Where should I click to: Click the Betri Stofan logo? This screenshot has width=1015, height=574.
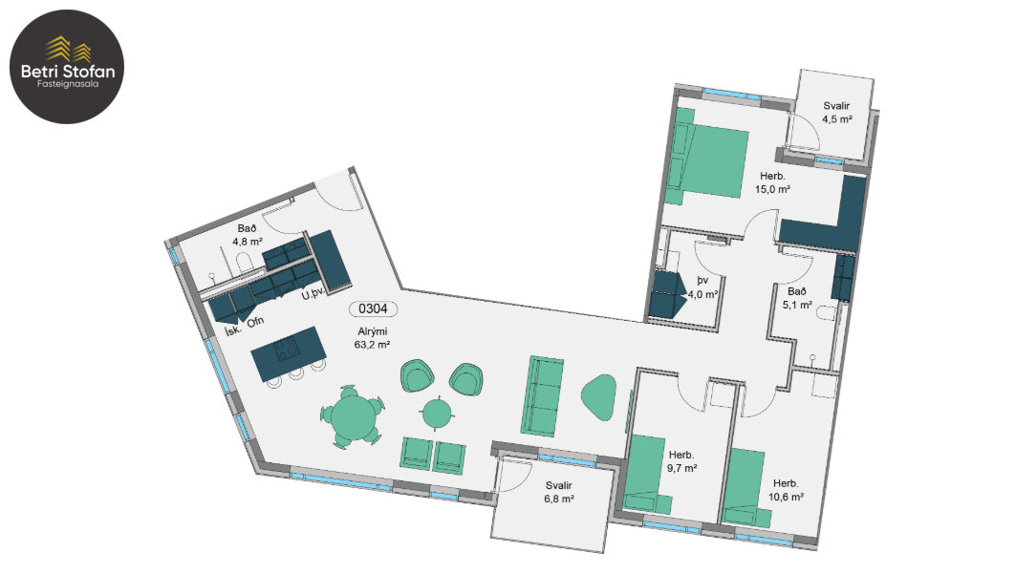[67, 66]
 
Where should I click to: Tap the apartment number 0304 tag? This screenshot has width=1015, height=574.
[373, 309]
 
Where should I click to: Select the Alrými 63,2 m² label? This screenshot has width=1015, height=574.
[372, 338]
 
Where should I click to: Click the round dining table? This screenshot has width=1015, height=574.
[352, 416]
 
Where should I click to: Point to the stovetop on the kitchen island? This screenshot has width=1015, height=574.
[288, 350]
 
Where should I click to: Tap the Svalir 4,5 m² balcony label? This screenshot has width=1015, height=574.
[836, 113]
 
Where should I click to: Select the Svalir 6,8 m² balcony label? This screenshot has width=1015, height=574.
[559, 492]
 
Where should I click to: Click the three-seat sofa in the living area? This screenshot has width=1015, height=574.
[543, 395]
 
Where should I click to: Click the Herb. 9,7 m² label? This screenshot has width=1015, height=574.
[681, 461]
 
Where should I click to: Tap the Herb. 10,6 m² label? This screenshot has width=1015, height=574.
[786, 490]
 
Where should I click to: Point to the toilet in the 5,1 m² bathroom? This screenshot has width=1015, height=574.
[828, 314]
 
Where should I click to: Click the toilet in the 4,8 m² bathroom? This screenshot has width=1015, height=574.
[244, 263]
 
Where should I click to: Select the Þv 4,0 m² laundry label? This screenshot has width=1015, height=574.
[702, 287]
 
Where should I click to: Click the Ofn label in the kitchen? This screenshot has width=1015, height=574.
[255, 321]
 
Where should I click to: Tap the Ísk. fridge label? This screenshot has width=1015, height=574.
[233, 330]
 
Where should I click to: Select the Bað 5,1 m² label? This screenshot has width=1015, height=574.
[797, 298]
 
